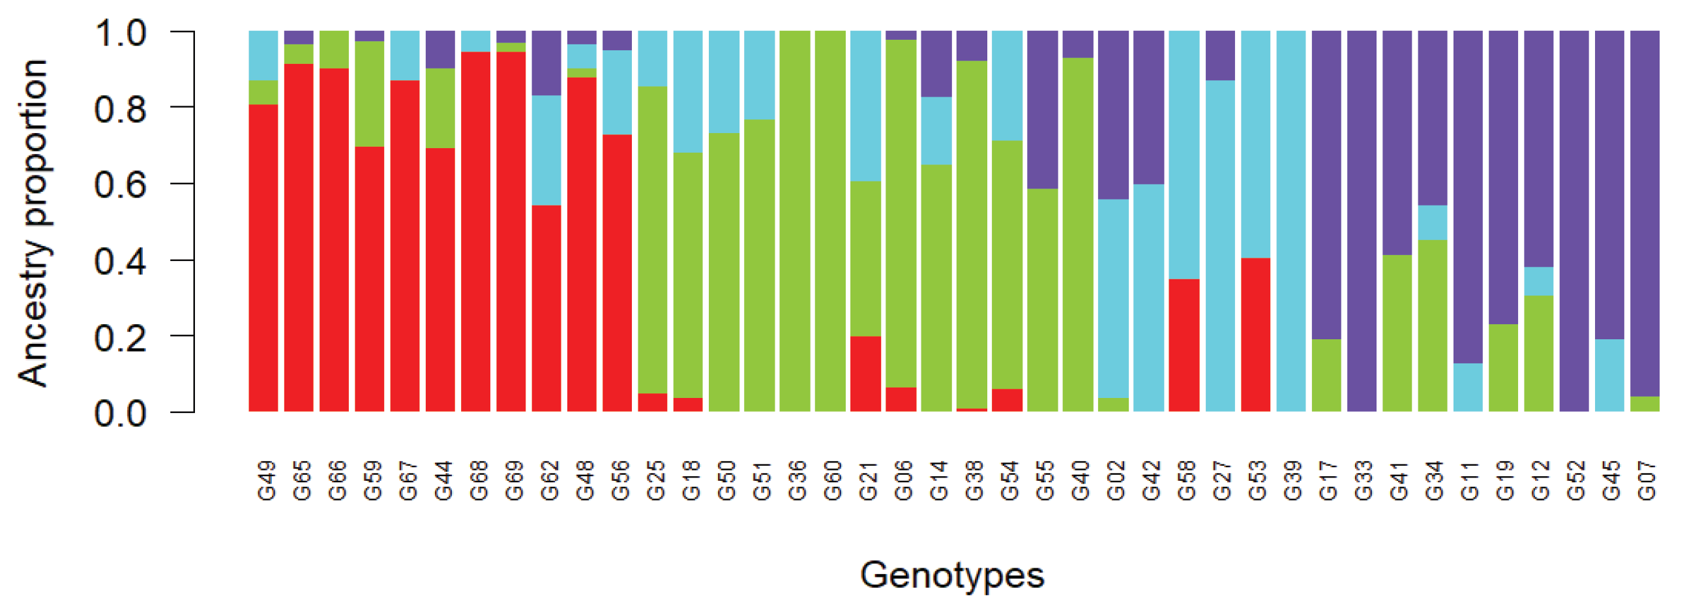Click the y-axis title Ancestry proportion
pyautogui.click(x=33, y=222)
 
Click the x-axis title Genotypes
pyautogui.click(x=952, y=575)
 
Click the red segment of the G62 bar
pyautogui.click(x=546, y=308)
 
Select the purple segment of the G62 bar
pyautogui.click(x=546, y=63)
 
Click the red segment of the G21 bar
pyautogui.click(x=865, y=374)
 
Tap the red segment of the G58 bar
pyautogui.click(x=1184, y=345)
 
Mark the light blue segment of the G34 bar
pyautogui.click(x=1432, y=222)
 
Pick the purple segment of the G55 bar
pyautogui.click(x=1042, y=110)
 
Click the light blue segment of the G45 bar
pyautogui.click(x=1609, y=375)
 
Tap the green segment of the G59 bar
pyautogui.click(x=370, y=93)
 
